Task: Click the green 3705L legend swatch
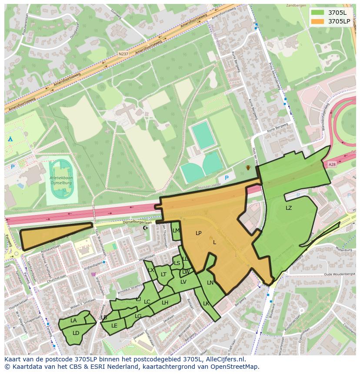pyautogui.click(x=317, y=12)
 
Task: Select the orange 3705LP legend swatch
pyautogui.click(x=317, y=21)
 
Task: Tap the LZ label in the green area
pyautogui.click(x=289, y=208)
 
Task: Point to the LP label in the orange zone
pyautogui.click(x=199, y=233)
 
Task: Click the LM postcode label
pyautogui.click(x=176, y=231)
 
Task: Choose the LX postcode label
pyautogui.click(x=151, y=270)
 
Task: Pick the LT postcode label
pyautogui.click(x=163, y=275)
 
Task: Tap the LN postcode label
pyautogui.click(x=210, y=283)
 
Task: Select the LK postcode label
pyautogui.click(x=206, y=304)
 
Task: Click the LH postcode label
pyautogui.click(x=165, y=303)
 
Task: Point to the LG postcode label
pyautogui.click(x=138, y=316)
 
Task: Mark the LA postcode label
pyautogui.click(x=73, y=321)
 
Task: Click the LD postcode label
pyautogui.click(x=76, y=333)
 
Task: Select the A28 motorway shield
pyautogui.click(x=333, y=164)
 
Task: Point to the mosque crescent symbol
pyautogui.click(x=145, y=228)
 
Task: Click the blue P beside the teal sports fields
pyautogui.click(x=226, y=178)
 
